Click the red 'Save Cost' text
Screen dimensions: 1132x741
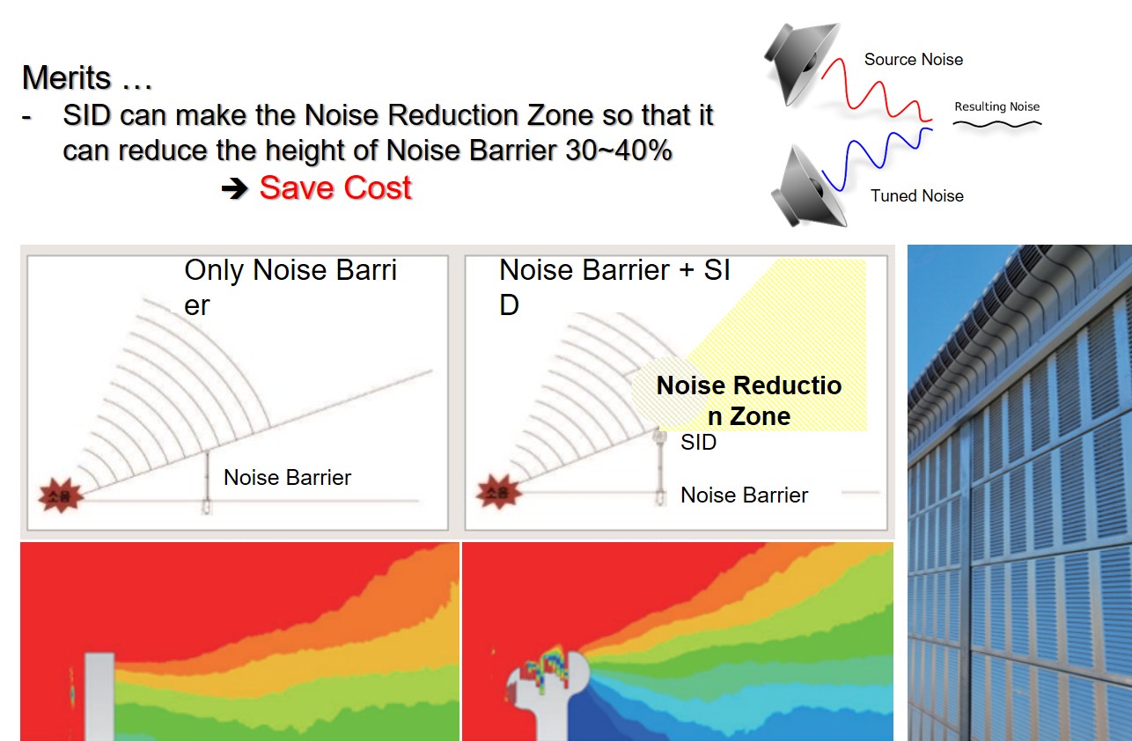tap(335, 188)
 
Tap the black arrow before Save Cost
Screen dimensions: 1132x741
tap(235, 189)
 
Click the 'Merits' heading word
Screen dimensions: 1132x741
tap(66, 77)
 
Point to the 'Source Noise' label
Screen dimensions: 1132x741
tap(914, 60)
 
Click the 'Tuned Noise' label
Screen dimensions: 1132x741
tap(916, 196)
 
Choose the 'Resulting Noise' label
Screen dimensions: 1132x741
tap(997, 106)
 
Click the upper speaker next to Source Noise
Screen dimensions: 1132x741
tap(801, 63)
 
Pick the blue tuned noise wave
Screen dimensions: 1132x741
tap(877, 158)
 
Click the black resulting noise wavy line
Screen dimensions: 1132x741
tap(997, 124)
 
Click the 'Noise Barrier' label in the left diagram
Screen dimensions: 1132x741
tap(287, 477)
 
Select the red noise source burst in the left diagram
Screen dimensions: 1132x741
tap(61, 495)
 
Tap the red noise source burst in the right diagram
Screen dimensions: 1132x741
tap(498, 491)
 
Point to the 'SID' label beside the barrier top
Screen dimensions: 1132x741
tap(698, 443)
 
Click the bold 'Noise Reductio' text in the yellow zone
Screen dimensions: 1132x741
tap(749, 386)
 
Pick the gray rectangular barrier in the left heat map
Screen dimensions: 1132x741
tap(99, 697)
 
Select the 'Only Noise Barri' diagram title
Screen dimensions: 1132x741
tap(290, 270)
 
